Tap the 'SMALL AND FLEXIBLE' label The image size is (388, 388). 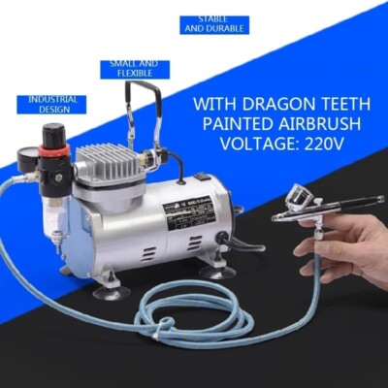[134, 69]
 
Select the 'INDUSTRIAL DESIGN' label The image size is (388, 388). [52, 104]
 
